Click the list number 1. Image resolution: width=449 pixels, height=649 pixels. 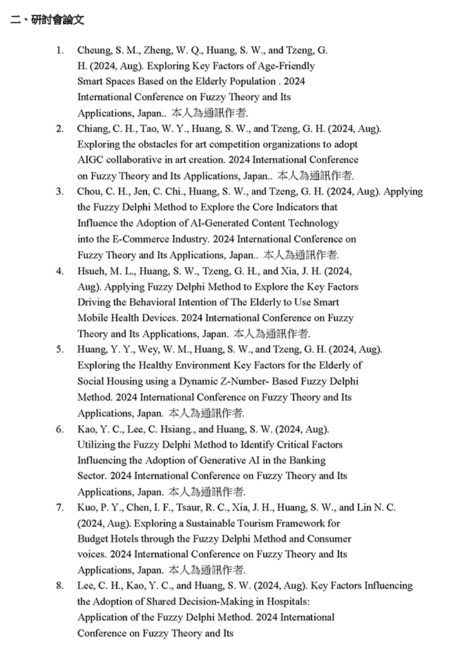coord(60,50)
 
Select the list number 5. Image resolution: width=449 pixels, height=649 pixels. coord(60,349)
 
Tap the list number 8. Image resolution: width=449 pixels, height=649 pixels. coord(60,585)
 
